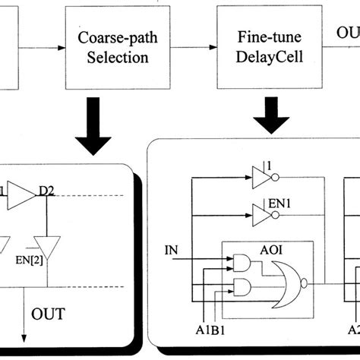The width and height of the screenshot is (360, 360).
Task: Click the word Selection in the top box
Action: pyautogui.click(x=112, y=57)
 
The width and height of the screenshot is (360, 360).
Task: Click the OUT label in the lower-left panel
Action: pyautogui.click(x=48, y=313)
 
